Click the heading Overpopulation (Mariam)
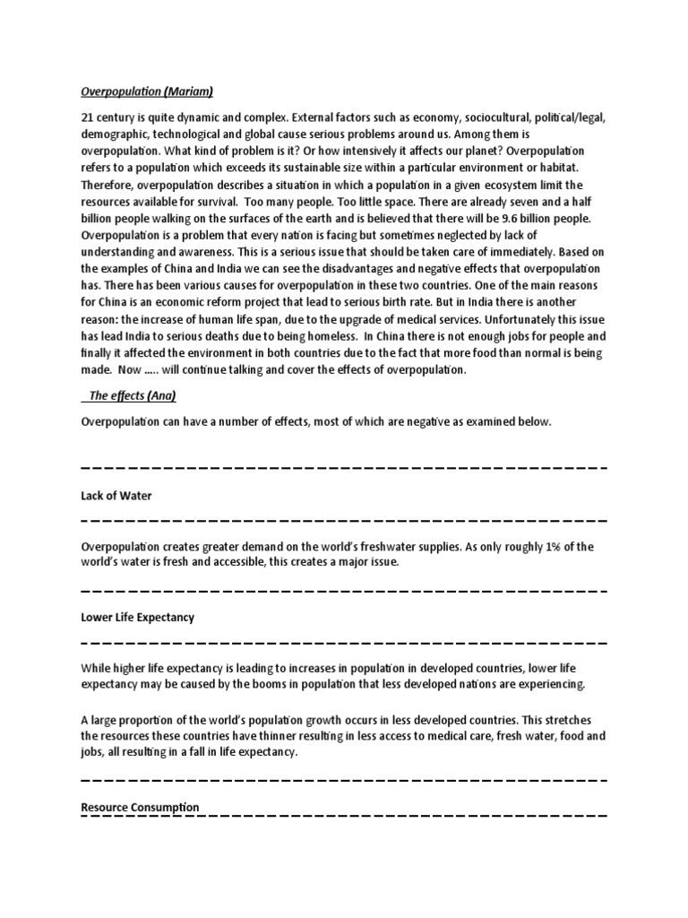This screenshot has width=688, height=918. click(x=148, y=91)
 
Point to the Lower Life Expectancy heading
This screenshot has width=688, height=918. click(x=138, y=618)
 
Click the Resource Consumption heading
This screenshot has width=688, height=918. click(x=141, y=808)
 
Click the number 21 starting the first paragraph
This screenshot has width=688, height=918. click(x=88, y=117)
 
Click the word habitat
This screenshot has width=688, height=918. click(x=558, y=168)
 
